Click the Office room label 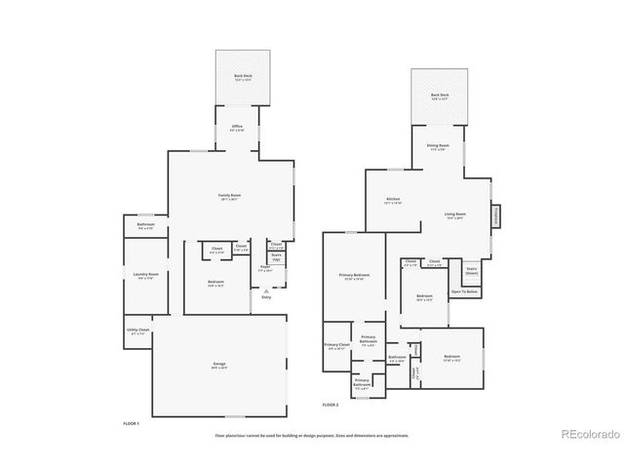[x=236, y=128]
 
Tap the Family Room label [x=229, y=196]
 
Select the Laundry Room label [x=146, y=276]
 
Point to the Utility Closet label [x=137, y=331]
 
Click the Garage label [x=219, y=365]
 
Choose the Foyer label [x=264, y=266]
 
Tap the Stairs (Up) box [x=276, y=258]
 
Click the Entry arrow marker [x=266, y=290]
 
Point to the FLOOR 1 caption [x=132, y=423]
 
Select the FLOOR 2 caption [x=330, y=404]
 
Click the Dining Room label [x=438, y=147]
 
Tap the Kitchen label [x=393, y=201]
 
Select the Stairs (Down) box [x=471, y=270]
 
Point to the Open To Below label [x=464, y=292]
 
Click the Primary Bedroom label [x=354, y=277]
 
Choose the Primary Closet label [x=337, y=346]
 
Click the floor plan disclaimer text [x=311, y=435]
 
